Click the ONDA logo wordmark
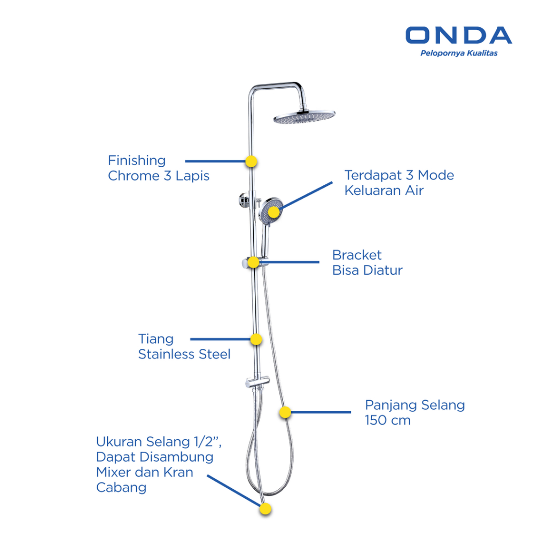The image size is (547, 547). pyautogui.click(x=458, y=35)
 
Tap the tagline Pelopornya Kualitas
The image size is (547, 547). pyautogui.click(x=459, y=53)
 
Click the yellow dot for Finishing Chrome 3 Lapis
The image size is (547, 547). pyautogui.click(x=251, y=161)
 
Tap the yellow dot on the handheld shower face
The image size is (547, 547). pyautogui.click(x=273, y=212)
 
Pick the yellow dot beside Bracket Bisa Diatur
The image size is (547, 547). pyautogui.click(x=254, y=262)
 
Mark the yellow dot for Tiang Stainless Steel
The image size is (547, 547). pyautogui.click(x=256, y=339)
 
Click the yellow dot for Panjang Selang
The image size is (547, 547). pyautogui.click(x=285, y=412)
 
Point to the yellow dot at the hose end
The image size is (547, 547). pyautogui.click(x=265, y=509)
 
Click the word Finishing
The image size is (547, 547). pyautogui.click(x=137, y=160)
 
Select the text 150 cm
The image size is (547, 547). pyautogui.click(x=388, y=420)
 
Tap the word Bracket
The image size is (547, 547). pyautogui.click(x=357, y=255)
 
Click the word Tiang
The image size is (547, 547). pyautogui.click(x=156, y=339)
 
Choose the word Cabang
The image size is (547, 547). pyautogui.click(x=121, y=488)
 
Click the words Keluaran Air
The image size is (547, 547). pyautogui.click(x=384, y=191)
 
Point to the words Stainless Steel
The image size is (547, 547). pyautogui.click(x=184, y=354)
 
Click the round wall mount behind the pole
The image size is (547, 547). pyautogui.click(x=243, y=200)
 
